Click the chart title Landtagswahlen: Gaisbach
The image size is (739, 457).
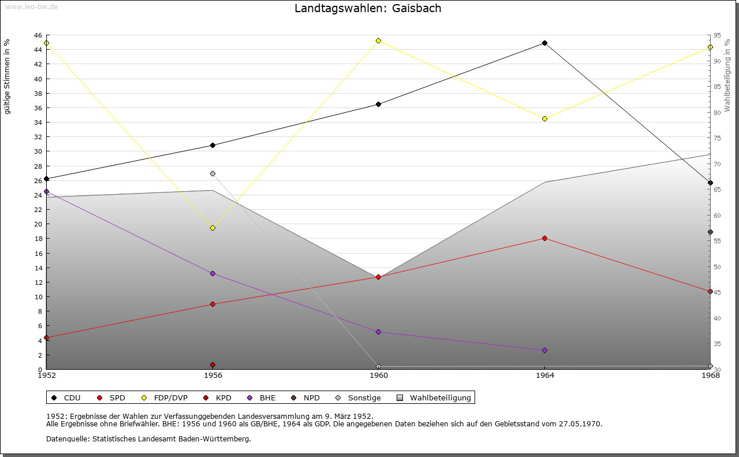click(368, 8)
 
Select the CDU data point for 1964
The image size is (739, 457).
click(544, 43)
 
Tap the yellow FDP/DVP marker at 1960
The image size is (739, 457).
click(378, 40)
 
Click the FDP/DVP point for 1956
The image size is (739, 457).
click(212, 228)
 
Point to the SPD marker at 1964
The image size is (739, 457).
click(544, 238)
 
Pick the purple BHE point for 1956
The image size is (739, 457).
click(212, 273)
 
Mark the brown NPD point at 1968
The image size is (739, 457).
click(710, 232)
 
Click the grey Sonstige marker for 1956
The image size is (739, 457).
click(212, 173)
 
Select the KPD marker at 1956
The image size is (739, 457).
click(212, 365)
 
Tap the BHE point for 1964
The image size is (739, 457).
click(544, 350)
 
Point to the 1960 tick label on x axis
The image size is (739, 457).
click(379, 376)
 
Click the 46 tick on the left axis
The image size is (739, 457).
click(38, 35)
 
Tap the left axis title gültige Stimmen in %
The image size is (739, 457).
click(8, 76)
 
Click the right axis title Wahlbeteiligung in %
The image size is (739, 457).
click(727, 75)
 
